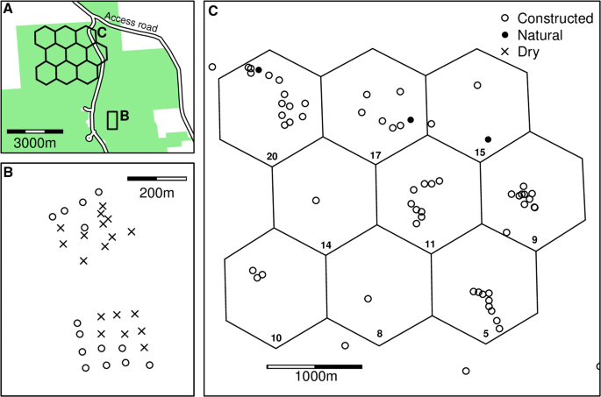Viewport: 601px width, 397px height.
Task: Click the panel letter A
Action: click(x=9, y=11)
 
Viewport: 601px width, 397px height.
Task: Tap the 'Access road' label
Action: click(x=132, y=23)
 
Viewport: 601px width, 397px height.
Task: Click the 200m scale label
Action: click(x=156, y=193)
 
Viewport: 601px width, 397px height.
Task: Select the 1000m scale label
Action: click(x=314, y=376)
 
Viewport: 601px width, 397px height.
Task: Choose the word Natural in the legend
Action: click(x=539, y=36)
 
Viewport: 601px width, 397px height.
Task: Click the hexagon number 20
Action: click(x=272, y=157)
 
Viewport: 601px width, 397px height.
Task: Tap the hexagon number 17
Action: click(x=376, y=157)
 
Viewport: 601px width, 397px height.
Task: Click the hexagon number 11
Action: click(x=429, y=244)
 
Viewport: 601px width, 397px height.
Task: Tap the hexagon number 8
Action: click(x=379, y=334)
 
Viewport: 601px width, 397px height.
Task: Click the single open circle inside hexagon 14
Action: click(x=316, y=201)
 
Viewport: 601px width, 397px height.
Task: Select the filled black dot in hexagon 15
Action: click(x=488, y=139)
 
